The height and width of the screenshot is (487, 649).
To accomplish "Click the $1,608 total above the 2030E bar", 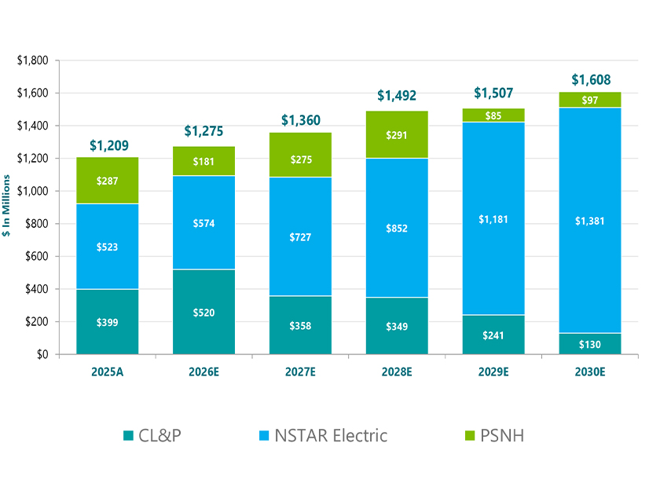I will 591,79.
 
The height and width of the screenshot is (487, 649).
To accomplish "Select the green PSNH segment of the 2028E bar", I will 397,134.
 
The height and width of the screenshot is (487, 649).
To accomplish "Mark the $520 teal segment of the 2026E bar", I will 204,312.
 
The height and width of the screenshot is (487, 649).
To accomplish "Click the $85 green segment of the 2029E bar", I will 494,115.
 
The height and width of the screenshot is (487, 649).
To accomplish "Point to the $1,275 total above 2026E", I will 204,131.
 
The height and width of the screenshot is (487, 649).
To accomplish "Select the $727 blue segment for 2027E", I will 300,236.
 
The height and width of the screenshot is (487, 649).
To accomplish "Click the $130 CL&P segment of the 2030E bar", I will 591,344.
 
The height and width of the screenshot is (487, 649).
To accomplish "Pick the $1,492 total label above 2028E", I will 397,95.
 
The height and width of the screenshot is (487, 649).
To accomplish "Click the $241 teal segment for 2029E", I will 494,335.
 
